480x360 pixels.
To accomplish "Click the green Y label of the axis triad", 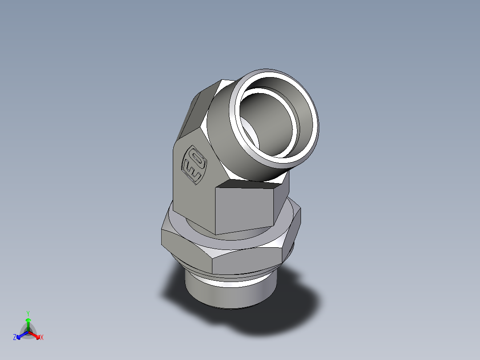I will (28, 313).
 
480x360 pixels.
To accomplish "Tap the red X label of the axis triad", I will (42, 337).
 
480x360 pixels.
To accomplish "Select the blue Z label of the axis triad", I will (15, 337).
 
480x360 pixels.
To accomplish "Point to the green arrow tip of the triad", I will (28, 319).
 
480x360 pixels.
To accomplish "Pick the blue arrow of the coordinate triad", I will (20, 335).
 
